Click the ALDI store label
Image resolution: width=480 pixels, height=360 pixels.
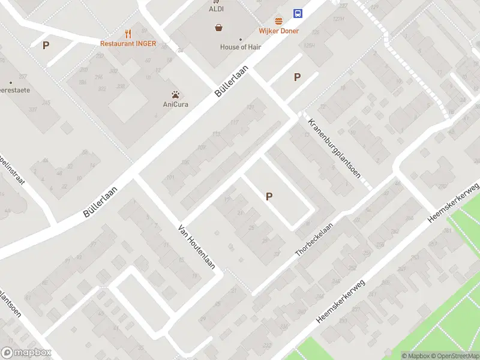(217, 9)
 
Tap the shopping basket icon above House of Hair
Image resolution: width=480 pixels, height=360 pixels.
(219, 28)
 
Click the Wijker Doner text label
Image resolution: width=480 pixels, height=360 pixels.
(278, 31)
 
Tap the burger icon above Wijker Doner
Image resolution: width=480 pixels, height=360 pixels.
(278, 21)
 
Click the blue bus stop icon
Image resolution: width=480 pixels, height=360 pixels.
(298, 13)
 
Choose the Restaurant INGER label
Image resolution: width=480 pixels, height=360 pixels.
(128, 44)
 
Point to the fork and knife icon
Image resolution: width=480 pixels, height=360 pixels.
(128, 34)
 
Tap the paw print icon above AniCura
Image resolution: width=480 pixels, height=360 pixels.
(176, 94)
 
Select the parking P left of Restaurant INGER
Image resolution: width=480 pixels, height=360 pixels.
(46, 45)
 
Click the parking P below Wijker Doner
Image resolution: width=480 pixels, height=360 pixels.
(296, 77)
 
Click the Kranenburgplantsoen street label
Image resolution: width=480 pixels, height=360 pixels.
(334, 148)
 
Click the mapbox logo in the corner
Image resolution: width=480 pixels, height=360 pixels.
(26, 353)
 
